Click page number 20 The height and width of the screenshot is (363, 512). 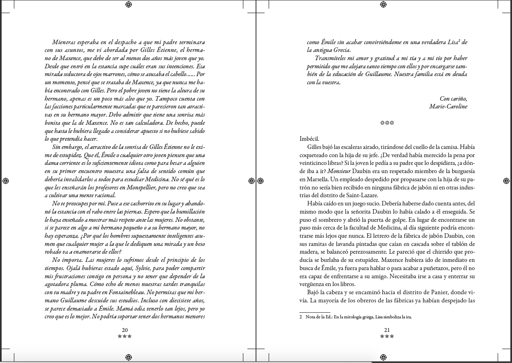[x=125, y=330]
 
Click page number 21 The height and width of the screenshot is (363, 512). [x=387, y=330]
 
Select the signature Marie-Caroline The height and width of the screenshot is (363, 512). [x=448, y=106]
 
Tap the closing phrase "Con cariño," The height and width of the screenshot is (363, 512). [x=453, y=99]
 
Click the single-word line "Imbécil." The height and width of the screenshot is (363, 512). [x=309, y=139]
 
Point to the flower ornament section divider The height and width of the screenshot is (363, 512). [x=387, y=122]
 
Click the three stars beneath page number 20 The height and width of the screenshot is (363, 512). [x=125, y=336]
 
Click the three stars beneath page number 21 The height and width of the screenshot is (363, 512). [x=387, y=336]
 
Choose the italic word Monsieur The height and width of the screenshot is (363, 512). [x=339, y=171]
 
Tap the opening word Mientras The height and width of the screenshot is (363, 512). [x=64, y=42]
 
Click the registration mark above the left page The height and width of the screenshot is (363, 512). [x=128, y=5]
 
